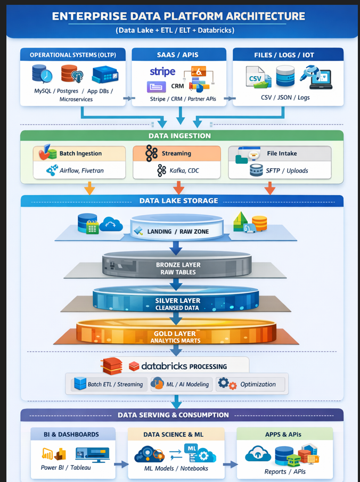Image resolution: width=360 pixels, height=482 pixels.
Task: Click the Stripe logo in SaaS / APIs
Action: [x=162, y=72]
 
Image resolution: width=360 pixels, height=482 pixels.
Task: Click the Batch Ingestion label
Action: [x=80, y=153]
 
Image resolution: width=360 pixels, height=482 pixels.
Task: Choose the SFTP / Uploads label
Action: [x=287, y=170]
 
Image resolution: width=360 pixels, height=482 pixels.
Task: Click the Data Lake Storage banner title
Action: [x=178, y=201]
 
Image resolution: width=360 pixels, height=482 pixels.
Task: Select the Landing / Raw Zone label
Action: [x=178, y=231]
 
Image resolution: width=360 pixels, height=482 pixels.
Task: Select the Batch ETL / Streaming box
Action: [x=109, y=384]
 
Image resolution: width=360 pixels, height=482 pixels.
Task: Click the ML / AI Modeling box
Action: [x=181, y=384]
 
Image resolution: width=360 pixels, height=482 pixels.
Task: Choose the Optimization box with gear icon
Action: [x=251, y=384]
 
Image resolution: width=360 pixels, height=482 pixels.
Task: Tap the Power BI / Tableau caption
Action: [x=66, y=468]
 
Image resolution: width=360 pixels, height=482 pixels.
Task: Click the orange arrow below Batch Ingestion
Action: [x=90, y=189]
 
